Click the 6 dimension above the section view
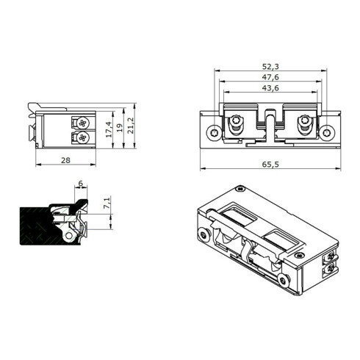(79, 185)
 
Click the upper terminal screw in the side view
(82, 122)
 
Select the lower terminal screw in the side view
(82, 137)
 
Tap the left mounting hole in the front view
(213, 133)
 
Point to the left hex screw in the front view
(237, 125)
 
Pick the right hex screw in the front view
(304, 125)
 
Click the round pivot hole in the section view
(71, 235)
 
